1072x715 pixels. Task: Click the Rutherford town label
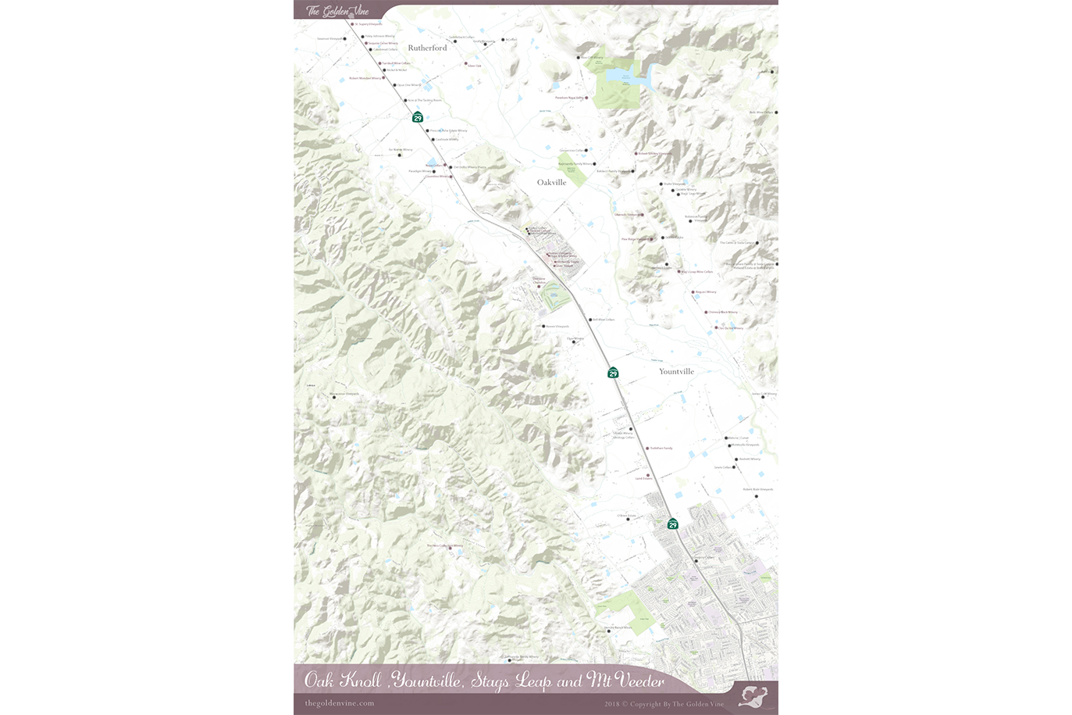(427, 48)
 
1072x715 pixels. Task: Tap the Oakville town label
(551, 183)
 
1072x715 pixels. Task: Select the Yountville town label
(676, 372)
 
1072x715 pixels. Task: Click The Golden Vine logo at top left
(337, 11)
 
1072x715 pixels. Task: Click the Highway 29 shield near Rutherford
(418, 117)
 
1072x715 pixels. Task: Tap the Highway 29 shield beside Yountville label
(613, 373)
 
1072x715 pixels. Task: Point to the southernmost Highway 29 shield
(672, 524)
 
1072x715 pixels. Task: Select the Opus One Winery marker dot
(395, 86)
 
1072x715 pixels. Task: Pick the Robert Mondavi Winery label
(365, 78)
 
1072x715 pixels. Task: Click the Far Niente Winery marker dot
(400, 155)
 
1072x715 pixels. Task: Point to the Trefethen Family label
(661, 449)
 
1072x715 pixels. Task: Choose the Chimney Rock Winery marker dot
(707, 313)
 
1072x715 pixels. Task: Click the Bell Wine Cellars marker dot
(591, 320)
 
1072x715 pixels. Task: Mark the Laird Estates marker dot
(648, 475)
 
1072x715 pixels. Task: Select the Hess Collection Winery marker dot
(449, 548)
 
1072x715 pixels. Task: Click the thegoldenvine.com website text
(340, 703)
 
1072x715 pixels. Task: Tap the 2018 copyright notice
(664, 704)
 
